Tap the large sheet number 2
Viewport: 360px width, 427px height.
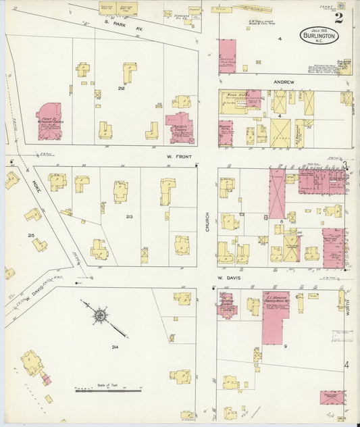338,18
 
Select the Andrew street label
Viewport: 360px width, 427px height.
283,82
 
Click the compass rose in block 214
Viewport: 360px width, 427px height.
100,315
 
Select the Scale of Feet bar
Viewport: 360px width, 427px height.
108,391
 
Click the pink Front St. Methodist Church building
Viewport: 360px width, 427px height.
49,122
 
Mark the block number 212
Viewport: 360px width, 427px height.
122,89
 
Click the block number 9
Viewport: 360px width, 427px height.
285,347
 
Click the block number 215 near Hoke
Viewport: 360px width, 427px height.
30,235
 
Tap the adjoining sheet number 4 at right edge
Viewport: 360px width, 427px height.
346,366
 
